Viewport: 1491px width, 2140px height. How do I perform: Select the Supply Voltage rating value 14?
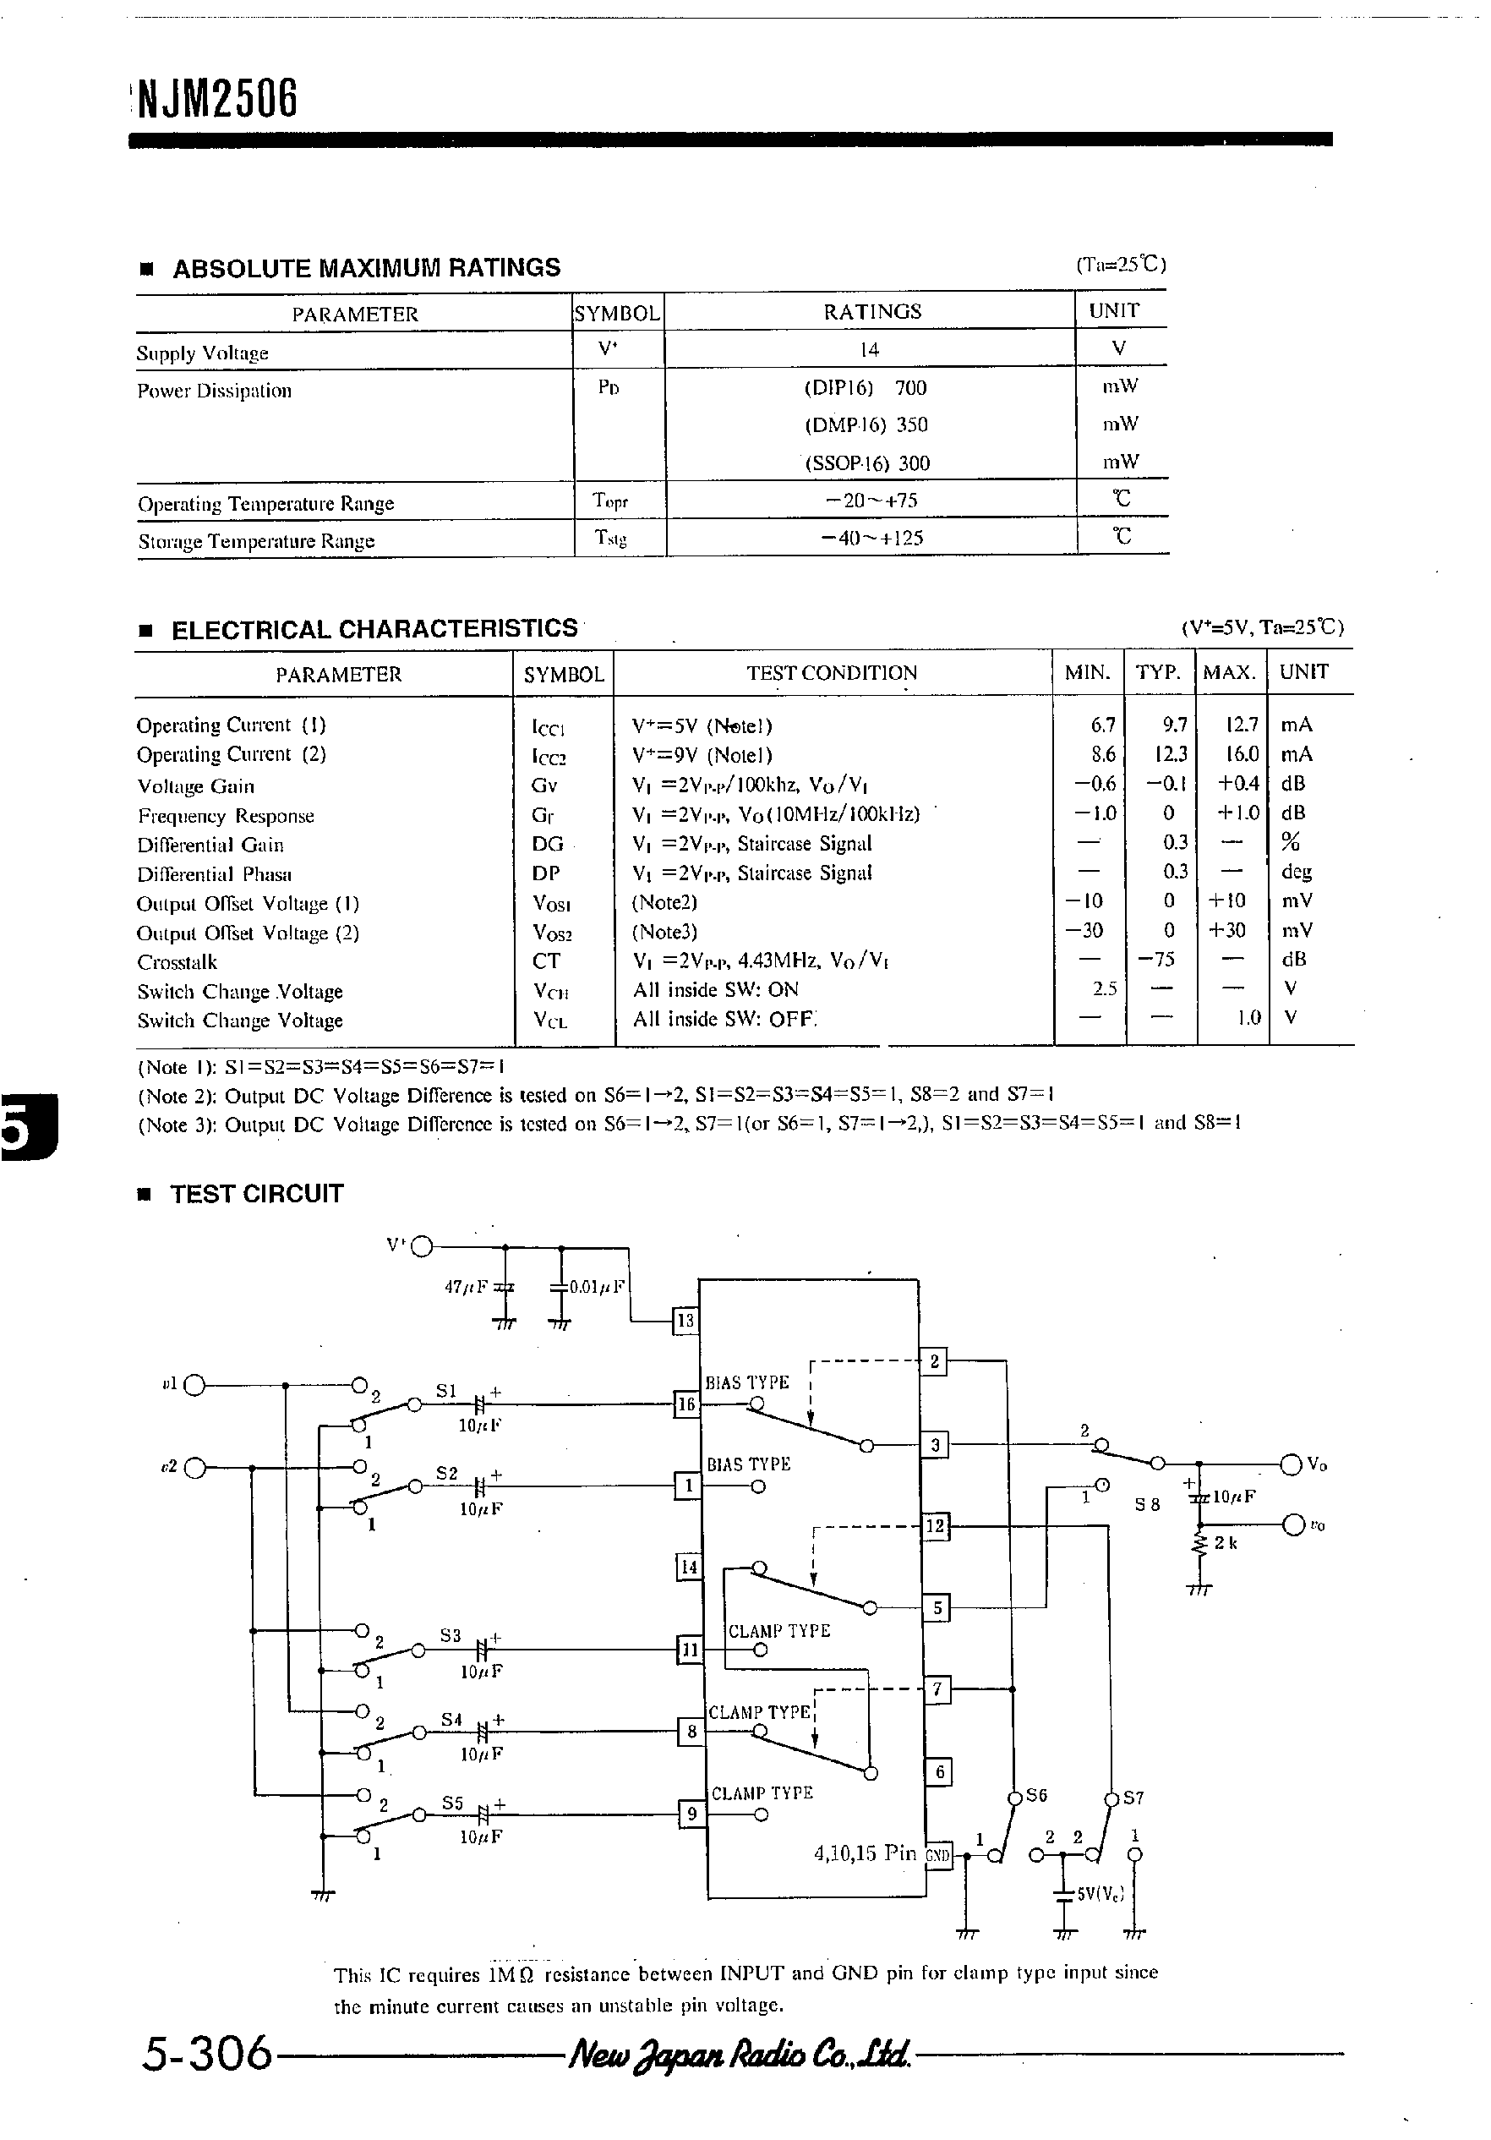tap(869, 349)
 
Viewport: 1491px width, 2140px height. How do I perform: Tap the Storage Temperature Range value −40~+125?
tap(872, 538)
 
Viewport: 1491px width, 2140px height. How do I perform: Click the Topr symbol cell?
tap(610, 501)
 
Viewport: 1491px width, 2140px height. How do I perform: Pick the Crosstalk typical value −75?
tap(1160, 959)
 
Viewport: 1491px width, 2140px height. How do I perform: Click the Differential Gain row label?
tap(210, 846)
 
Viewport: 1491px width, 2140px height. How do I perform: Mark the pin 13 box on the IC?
tap(685, 1320)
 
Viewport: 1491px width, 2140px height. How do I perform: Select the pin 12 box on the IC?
tap(935, 1527)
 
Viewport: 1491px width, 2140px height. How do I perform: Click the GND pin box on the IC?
tap(937, 1855)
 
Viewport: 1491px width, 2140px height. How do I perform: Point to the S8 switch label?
tap(1147, 1504)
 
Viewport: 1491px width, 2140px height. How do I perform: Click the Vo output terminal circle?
tap(1291, 1465)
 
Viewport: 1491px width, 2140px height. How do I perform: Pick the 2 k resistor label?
tap(1226, 1543)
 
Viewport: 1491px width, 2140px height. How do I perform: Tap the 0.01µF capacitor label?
tap(598, 1287)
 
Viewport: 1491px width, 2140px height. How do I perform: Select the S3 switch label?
tap(451, 1635)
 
